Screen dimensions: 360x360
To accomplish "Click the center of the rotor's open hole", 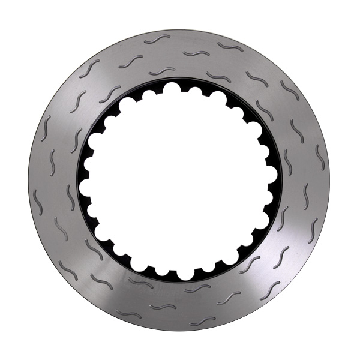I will pos(179,180).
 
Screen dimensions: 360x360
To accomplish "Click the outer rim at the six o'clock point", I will pos(179,331).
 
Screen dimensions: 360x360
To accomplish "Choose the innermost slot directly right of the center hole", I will pos(287,162).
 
